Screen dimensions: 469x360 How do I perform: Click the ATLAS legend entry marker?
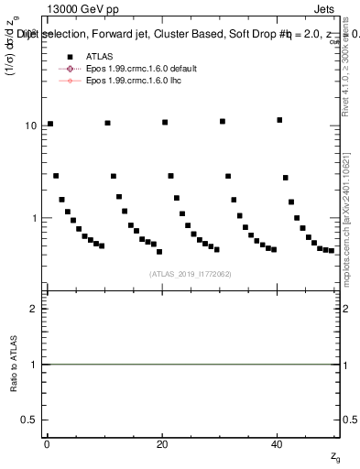coord(64,57)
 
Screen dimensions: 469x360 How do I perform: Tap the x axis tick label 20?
coord(162,445)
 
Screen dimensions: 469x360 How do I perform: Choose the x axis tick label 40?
coord(278,445)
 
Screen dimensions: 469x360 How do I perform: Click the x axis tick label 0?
coord(47,445)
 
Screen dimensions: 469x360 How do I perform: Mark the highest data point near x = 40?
coord(279,120)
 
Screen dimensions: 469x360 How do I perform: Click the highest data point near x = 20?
coord(165,122)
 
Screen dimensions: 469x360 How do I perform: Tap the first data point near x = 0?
coord(50,124)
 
